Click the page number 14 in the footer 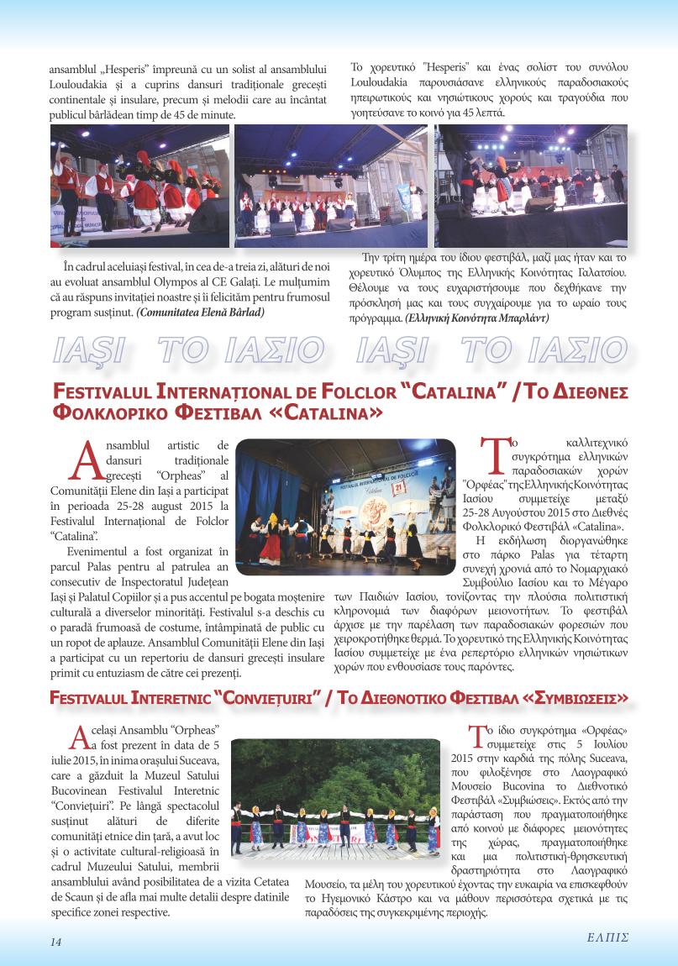pyautogui.click(x=55, y=942)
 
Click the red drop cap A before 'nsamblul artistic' pyautogui.click(x=87, y=459)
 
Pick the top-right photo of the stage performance pyautogui.click(x=531, y=185)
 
